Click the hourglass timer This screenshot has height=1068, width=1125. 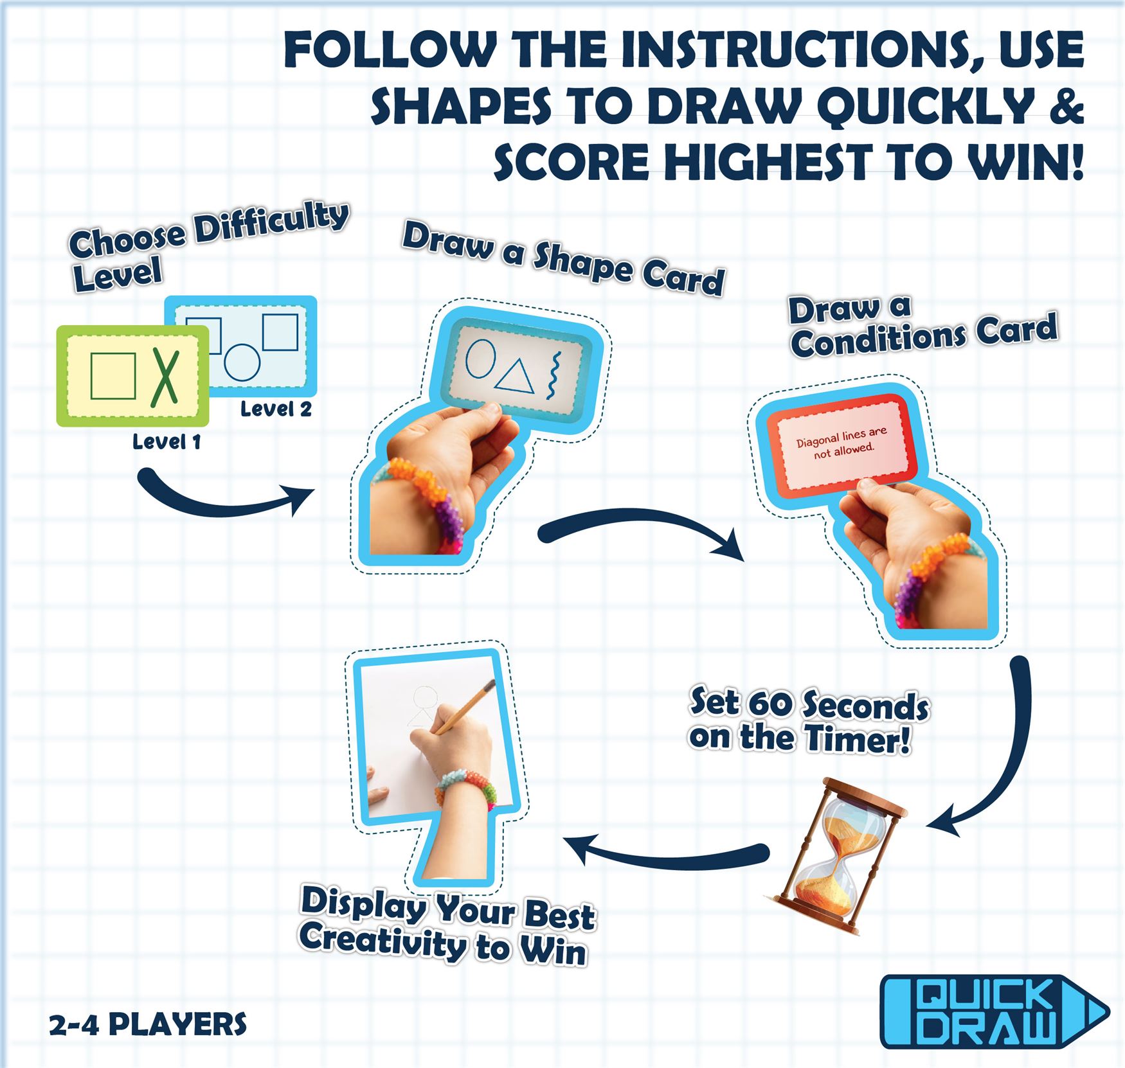(x=836, y=856)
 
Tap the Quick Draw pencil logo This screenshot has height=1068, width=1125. (x=994, y=1012)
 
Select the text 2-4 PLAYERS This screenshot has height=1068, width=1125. (x=148, y=1024)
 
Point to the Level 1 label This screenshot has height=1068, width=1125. (x=166, y=441)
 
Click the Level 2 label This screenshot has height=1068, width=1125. (x=276, y=409)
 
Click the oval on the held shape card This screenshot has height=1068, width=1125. (x=480, y=358)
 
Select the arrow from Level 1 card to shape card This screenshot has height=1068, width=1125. (x=225, y=499)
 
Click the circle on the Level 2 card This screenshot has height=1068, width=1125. (x=242, y=362)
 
